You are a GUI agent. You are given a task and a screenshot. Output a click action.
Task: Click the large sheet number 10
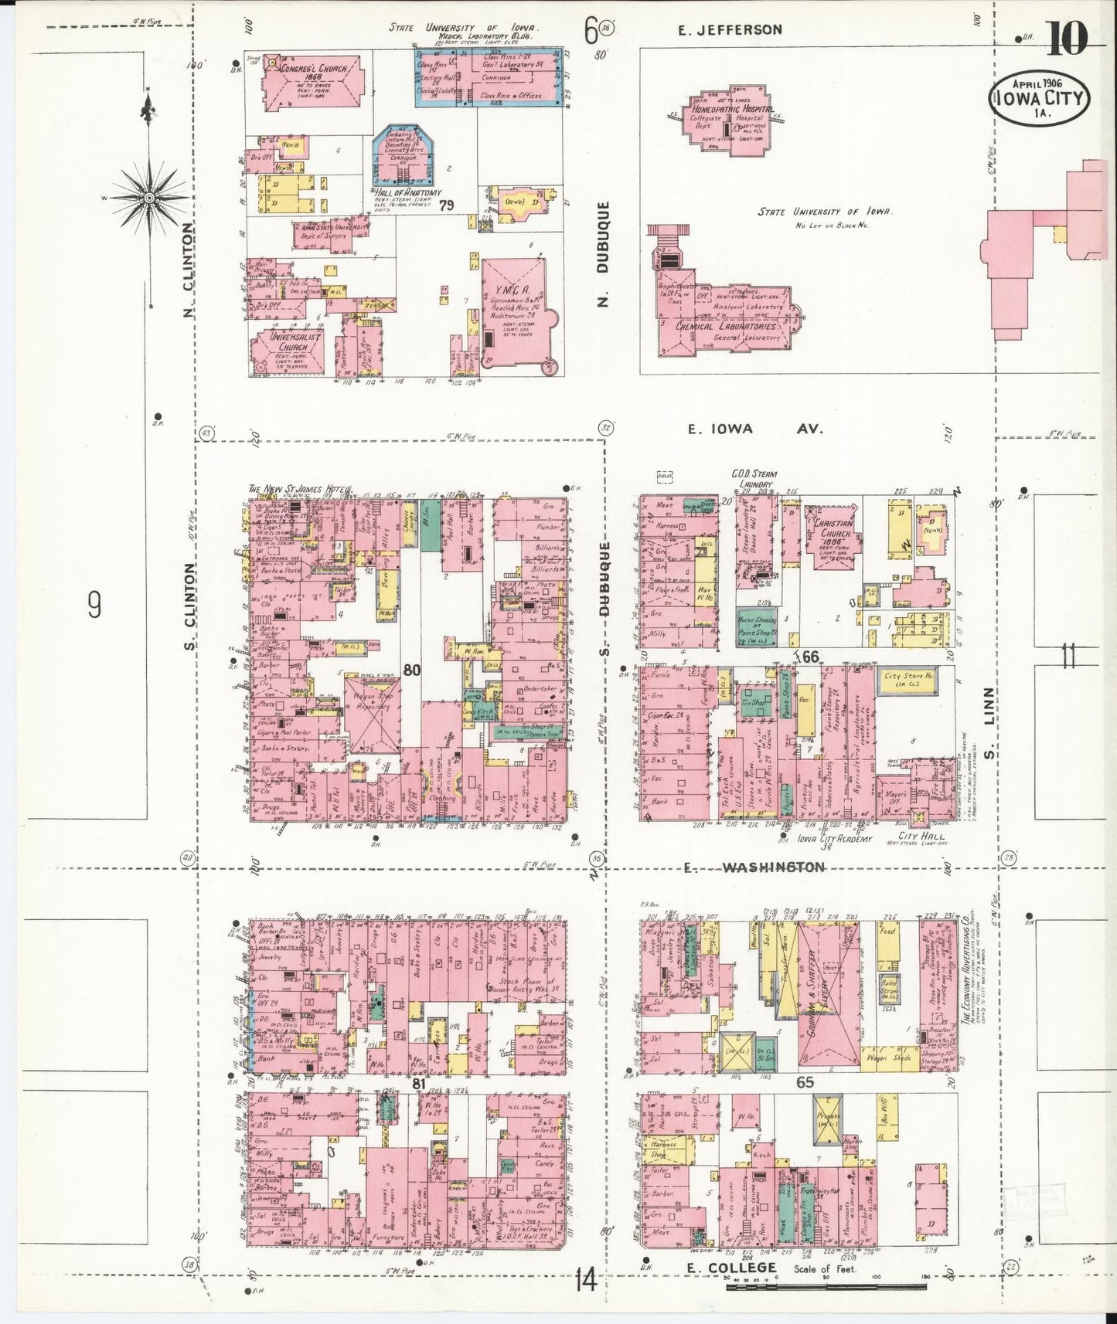(1068, 39)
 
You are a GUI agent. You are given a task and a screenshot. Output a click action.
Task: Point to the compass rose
(148, 199)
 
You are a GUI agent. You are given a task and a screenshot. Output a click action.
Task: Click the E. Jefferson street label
(730, 30)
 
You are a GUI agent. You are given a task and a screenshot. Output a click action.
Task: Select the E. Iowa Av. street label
(755, 429)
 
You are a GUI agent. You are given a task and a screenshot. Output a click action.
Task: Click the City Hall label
(922, 837)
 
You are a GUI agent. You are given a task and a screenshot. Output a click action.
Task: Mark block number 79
(445, 205)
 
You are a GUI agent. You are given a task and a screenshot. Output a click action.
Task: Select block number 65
(805, 1082)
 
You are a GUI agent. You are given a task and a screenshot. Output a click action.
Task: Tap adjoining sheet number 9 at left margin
(94, 605)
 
